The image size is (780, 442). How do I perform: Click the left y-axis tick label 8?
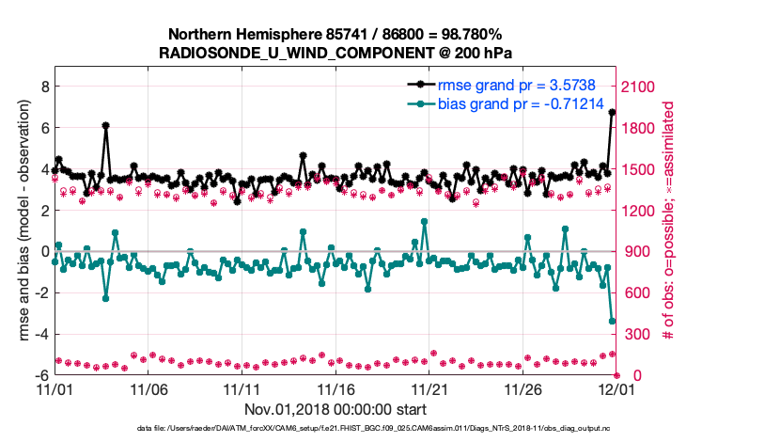42,86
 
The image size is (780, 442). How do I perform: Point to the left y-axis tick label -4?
40,334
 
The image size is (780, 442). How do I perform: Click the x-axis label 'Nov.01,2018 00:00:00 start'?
335,409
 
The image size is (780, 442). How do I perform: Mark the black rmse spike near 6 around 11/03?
106,125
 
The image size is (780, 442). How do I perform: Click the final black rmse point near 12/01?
613,112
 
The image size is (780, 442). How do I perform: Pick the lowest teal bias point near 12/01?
613,322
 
